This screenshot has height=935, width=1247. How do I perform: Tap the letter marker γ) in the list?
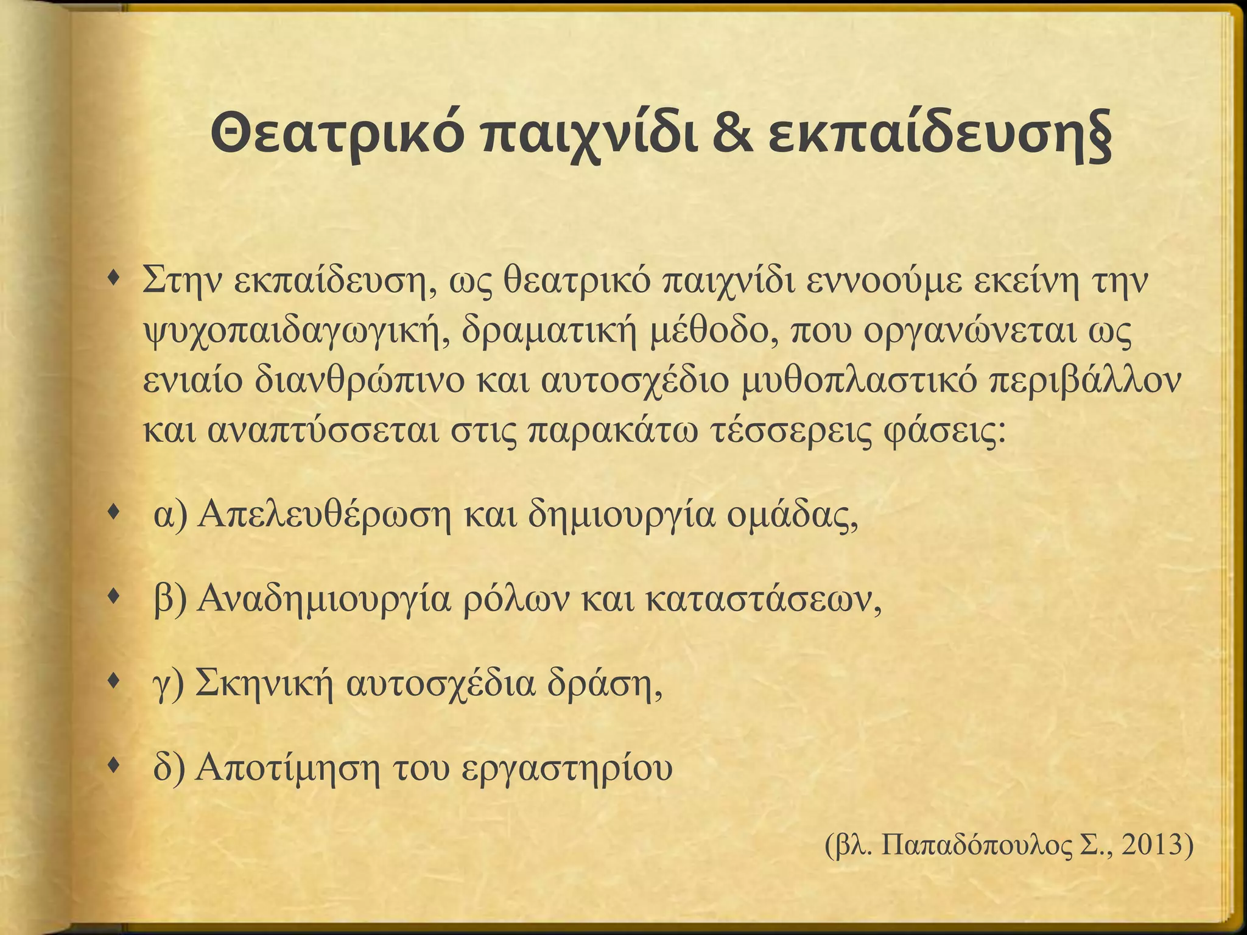tap(167, 685)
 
